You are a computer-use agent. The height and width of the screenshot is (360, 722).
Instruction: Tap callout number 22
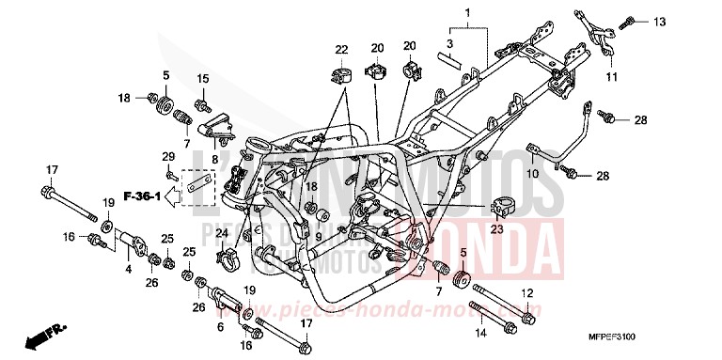click(340, 49)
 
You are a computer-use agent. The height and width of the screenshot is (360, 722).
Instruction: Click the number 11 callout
click(611, 75)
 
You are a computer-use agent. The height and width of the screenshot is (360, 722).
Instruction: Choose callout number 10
click(530, 173)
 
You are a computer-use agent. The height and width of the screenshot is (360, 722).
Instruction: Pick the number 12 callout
click(527, 292)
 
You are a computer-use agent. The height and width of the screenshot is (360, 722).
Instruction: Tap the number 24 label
click(222, 232)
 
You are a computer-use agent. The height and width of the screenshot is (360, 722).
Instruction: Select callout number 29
click(168, 156)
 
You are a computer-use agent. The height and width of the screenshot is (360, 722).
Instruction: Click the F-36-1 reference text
click(149, 196)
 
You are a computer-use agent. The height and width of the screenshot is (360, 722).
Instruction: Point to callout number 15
click(203, 77)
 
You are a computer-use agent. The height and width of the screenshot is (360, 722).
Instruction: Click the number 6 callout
click(220, 326)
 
